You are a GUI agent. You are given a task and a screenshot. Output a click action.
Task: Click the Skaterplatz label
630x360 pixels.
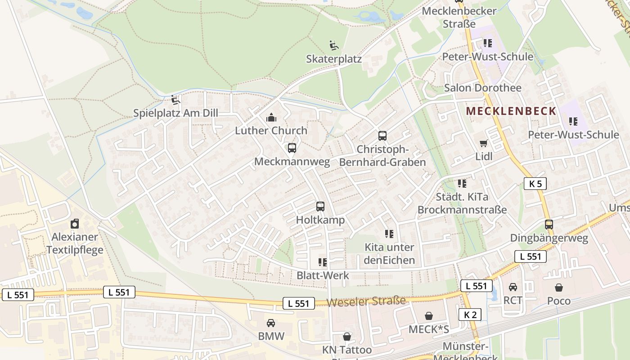point(334,59)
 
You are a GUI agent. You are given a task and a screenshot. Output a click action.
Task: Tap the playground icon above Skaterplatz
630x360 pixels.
point(334,45)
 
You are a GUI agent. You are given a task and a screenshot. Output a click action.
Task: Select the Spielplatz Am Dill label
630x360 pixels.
point(175,113)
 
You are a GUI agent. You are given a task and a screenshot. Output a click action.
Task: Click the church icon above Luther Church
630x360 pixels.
point(271,118)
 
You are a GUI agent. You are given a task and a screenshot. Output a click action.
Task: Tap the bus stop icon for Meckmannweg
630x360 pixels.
point(292,148)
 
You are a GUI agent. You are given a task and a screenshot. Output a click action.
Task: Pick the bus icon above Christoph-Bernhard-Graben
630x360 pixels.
point(382,135)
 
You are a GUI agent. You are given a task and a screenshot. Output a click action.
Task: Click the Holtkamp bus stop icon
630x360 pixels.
point(320,207)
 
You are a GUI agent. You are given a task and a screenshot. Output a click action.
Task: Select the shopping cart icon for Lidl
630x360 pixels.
point(484,144)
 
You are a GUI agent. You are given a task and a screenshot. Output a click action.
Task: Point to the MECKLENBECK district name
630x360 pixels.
point(511,111)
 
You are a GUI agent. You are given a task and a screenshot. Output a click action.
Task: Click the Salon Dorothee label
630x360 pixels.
point(483,88)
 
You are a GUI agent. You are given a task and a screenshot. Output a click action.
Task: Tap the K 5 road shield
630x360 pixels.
point(535,184)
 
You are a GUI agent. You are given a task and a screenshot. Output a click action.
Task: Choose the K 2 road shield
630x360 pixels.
point(470,315)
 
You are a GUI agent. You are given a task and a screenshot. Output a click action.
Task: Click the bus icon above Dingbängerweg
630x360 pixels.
point(549,225)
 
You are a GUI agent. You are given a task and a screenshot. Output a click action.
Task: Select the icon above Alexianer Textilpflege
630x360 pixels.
point(75,224)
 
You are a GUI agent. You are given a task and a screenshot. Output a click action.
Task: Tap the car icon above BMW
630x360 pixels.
point(271,323)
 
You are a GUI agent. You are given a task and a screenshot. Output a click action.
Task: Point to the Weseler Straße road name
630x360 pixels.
point(366,301)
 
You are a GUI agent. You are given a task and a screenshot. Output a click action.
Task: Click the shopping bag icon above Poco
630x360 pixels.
point(559,288)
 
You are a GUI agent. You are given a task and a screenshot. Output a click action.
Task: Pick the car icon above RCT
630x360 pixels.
point(513,287)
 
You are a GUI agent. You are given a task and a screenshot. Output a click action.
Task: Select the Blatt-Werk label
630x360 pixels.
point(323,275)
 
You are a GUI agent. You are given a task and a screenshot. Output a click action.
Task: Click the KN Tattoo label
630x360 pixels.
point(347,350)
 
